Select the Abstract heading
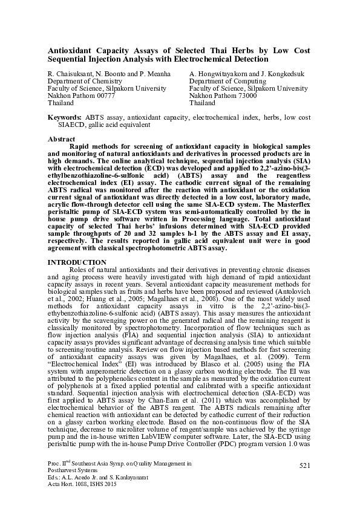pyautogui.click(x=62, y=139)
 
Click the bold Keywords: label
pyautogui.click(x=65, y=116)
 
